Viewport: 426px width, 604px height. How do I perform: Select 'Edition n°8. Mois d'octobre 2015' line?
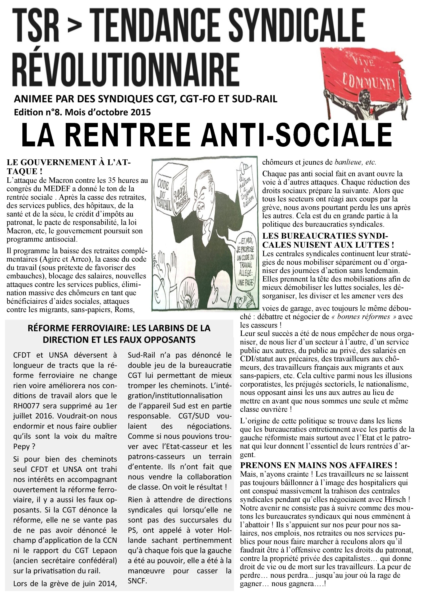pyautogui.click(x=82, y=112)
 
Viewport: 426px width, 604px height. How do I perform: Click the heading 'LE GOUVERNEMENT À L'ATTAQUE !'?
pyautogui.click(x=68, y=167)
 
